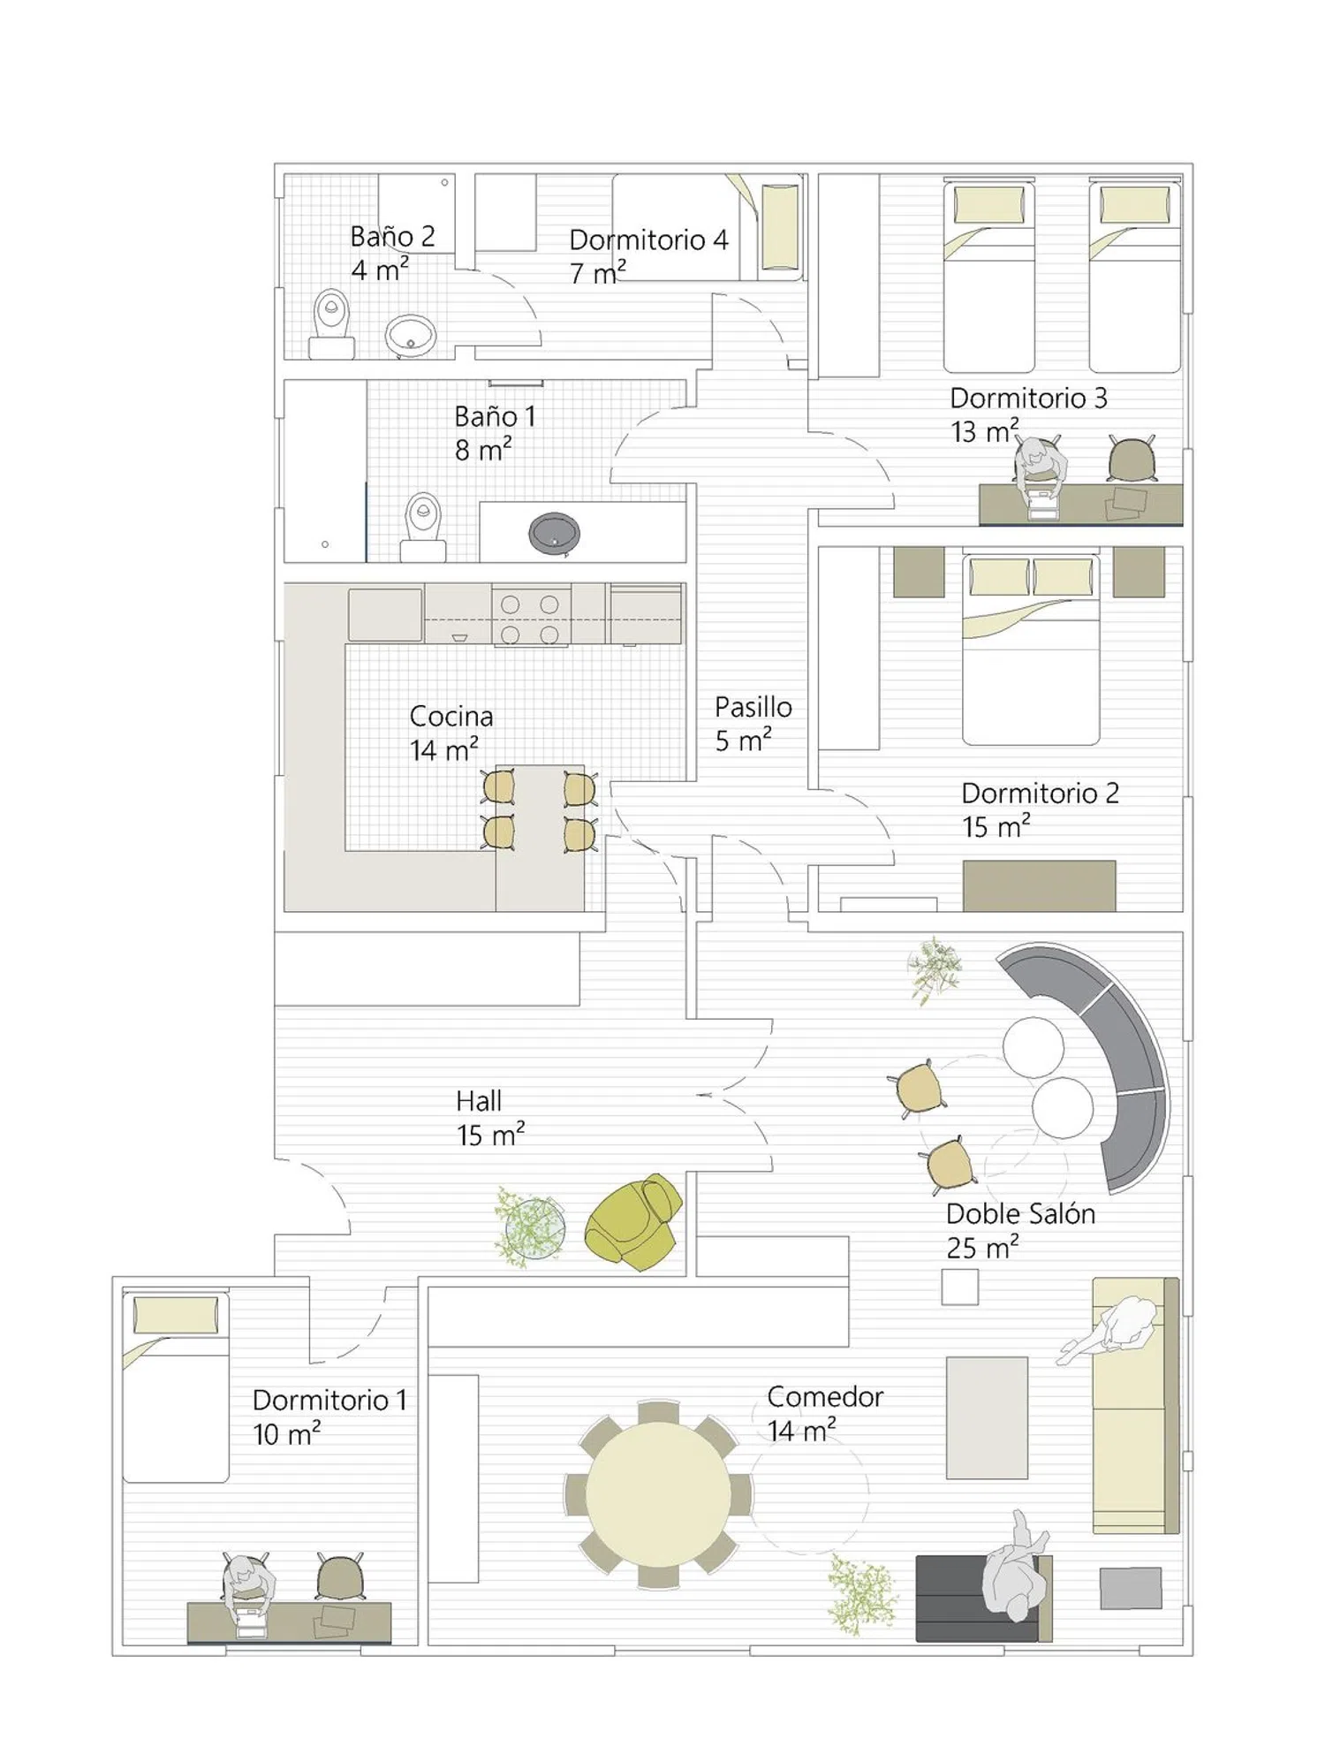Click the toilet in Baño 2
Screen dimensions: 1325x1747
(x=331, y=323)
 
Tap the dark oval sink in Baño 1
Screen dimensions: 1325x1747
(x=555, y=533)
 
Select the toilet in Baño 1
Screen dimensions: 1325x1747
(x=423, y=528)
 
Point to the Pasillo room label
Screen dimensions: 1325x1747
(x=753, y=707)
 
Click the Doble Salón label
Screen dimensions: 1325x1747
(x=1020, y=1214)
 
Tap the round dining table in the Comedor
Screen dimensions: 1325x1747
(x=658, y=1494)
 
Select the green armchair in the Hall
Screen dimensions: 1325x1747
(x=634, y=1221)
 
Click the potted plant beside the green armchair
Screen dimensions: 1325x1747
(x=529, y=1227)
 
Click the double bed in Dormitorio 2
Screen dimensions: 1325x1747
(x=1031, y=649)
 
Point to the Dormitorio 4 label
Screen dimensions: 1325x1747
(x=648, y=239)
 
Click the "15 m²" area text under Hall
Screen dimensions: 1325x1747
(x=490, y=1135)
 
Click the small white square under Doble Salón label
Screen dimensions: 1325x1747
(x=959, y=1287)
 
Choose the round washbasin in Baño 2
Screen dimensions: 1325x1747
(x=411, y=336)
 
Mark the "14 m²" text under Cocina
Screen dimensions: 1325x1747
(x=443, y=750)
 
